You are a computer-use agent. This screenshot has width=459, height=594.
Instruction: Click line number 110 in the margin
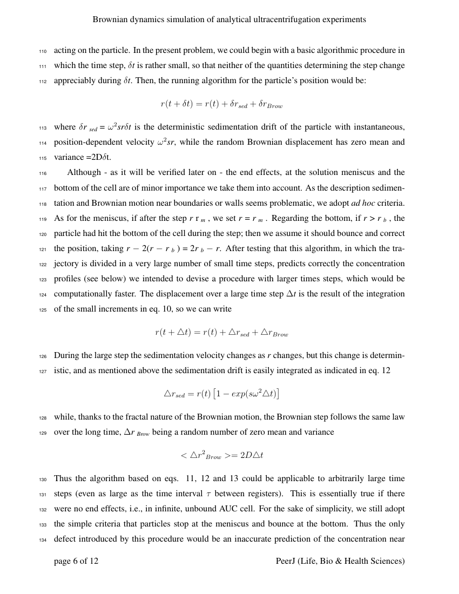43,51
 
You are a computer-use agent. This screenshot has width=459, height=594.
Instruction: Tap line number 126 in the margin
43,356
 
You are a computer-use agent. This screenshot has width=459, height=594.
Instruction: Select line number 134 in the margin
43,539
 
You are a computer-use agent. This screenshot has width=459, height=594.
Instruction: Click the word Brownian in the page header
110,19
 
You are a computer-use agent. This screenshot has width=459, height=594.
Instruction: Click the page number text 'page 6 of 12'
76,561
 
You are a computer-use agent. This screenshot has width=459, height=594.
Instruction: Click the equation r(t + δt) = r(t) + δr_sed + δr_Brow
221,104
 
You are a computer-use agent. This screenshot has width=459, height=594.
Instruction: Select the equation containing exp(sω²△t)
221,394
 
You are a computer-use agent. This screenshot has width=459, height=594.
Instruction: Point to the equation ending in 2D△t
221,455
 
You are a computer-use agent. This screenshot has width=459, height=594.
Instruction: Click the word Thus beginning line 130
63,478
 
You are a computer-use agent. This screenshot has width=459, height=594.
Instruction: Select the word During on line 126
66,356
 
